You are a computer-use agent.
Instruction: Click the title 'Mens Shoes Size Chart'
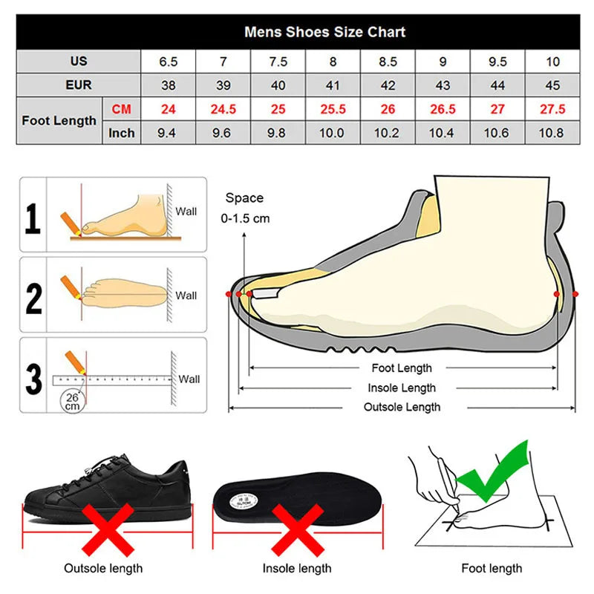pyautogui.click(x=324, y=32)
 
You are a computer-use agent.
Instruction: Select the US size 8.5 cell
pyautogui.click(x=388, y=62)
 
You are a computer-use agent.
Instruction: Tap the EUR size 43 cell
pyautogui.click(x=443, y=85)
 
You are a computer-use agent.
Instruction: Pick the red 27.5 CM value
pyautogui.click(x=552, y=109)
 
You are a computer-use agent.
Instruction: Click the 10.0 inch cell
pyautogui.click(x=331, y=133)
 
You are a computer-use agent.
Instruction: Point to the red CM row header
pyautogui.click(x=121, y=109)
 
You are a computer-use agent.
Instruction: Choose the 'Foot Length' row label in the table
pyautogui.click(x=59, y=120)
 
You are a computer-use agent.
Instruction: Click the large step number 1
pyautogui.click(x=33, y=218)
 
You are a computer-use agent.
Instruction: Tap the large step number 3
pyautogui.click(x=33, y=379)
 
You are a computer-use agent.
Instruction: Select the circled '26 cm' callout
pyautogui.click(x=72, y=401)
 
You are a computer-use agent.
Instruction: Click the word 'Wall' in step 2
pyautogui.click(x=186, y=296)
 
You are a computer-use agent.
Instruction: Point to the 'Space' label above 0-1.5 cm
pyautogui.click(x=244, y=198)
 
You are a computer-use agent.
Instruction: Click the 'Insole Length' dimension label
pyautogui.click(x=402, y=388)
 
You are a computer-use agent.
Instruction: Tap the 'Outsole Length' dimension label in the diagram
pyautogui.click(x=402, y=407)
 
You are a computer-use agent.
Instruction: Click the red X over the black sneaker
pyautogui.click(x=108, y=529)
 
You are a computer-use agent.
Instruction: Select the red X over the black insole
pyautogui.click(x=298, y=530)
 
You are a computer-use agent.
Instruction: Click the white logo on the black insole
pyautogui.click(x=244, y=502)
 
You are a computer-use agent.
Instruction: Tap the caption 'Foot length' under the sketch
pyautogui.click(x=492, y=568)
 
